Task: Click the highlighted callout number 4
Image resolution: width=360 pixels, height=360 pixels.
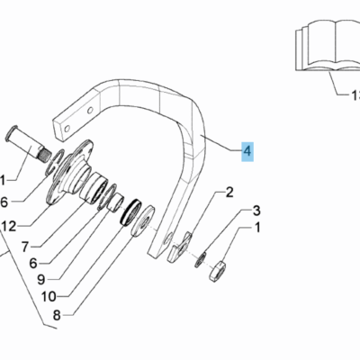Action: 247,151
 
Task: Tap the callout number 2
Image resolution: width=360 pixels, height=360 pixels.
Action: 229,193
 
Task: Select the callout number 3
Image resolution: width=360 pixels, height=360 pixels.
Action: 256,211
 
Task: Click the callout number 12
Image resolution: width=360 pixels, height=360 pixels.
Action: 9,227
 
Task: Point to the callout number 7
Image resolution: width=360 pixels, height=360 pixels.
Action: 25,247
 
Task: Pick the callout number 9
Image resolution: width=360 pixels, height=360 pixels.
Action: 41,280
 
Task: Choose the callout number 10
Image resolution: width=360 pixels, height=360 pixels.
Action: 49,297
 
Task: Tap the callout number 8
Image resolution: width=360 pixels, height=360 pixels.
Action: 57,315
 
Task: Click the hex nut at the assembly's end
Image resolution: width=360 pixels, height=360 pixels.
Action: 217,272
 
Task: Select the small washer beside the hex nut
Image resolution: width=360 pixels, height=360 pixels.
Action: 201,260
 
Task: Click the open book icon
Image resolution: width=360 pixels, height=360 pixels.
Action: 328,46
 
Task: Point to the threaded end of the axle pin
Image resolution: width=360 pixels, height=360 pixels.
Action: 45,156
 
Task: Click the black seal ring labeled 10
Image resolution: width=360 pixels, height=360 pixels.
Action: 130,211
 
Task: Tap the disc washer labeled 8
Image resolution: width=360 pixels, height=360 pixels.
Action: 143,220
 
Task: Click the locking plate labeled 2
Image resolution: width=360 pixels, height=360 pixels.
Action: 180,247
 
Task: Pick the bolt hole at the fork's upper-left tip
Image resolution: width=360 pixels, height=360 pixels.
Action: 67,129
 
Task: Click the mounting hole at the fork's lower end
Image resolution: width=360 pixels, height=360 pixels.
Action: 167,238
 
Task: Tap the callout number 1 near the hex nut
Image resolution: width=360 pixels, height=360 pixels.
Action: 257,228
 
